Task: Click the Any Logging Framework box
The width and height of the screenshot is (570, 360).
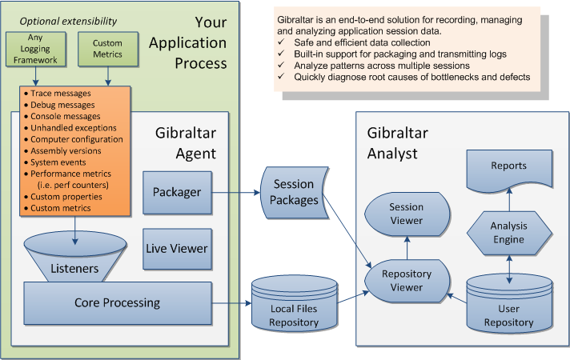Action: [x=35, y=48]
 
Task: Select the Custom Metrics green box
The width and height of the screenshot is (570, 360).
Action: [x=107, y=48]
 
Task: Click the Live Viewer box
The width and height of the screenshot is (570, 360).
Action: [x=176, y=248]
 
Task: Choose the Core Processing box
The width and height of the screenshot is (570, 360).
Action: [x=117, y=303]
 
